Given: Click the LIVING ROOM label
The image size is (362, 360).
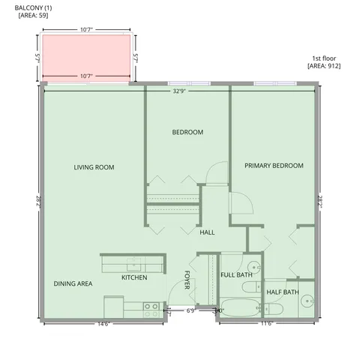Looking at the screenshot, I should click(x=94, y=167).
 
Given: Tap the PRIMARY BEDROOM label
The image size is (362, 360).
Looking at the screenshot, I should click(x=274, y=165).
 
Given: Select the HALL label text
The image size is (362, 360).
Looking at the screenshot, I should click(x=207, y=232).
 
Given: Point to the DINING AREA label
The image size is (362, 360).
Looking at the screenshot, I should click(x=73, y=284).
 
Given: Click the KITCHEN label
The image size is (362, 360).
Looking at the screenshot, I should click(x=134, y=277).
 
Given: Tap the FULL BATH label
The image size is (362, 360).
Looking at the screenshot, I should click(x=236, y=274).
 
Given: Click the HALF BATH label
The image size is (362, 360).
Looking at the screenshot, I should click(x=283, y=292).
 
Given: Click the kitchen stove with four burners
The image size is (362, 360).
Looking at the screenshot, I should click(x=151, y=306).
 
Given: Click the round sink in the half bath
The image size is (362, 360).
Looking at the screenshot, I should click(x=307, y=301).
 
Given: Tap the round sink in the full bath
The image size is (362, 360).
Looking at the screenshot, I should click(x=253, y=265).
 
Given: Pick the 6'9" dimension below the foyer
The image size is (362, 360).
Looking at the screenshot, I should click(x=190, y=310).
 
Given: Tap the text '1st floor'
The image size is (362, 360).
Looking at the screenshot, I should click(x=323, y=58).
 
